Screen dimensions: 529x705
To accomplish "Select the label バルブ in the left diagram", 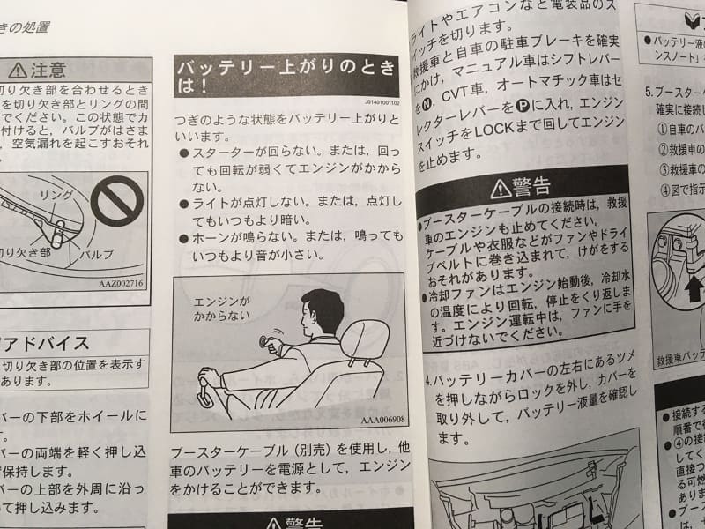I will tap(97, 253).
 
